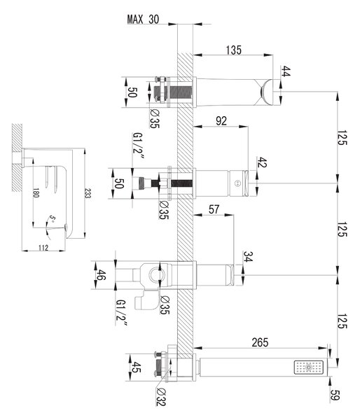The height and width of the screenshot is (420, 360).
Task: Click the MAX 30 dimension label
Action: click(x=143, y=20)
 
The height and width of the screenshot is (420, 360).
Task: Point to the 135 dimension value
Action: click(x=233, y=50)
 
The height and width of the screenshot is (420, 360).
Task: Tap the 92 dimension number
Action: click(x=221, y=121)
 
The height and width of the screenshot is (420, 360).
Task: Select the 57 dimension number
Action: click(x=214, y=209)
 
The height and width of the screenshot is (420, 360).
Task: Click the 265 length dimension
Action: click(x=260, y=342)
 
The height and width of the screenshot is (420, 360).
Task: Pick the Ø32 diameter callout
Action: click(x=161, y=397)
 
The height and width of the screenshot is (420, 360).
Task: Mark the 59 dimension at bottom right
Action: click(x=335, y=395)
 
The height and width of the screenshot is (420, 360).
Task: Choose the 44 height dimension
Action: click(x=286, y=71)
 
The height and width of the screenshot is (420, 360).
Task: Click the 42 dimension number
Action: click(x=262, y=162)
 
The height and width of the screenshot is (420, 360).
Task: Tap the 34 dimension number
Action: click(x=248, y=256)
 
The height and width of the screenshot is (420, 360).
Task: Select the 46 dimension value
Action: click(x=101, y=275)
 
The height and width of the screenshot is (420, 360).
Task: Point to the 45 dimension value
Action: click(x=135, y=367)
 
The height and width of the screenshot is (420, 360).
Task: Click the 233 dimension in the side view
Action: click(x=88, y=193)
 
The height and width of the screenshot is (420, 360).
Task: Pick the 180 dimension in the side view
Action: click(x=36, y=192)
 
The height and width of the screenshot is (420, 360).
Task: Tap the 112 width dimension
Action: click(x=43, y=248)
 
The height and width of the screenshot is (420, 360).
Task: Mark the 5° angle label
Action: click(x=53, y=219)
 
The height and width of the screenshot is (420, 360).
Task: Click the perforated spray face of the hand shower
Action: click(x=309, y=367)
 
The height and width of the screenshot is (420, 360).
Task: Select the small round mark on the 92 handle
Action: click(x=238, y=183)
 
